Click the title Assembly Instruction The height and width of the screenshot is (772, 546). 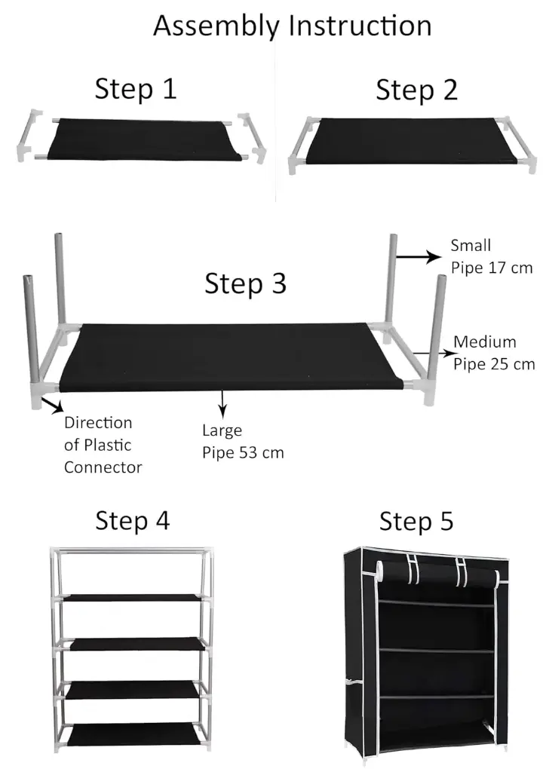[292, 26]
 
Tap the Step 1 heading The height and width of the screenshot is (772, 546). [135, 89]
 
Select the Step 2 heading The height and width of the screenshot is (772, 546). [416, 90]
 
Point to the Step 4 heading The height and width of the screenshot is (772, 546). [132, 520]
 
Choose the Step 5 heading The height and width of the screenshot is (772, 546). [416, 522]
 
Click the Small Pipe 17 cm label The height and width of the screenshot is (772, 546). [491, 256]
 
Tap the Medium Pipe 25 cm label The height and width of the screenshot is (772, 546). [494, 354]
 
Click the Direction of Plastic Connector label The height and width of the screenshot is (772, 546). [103, 445]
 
